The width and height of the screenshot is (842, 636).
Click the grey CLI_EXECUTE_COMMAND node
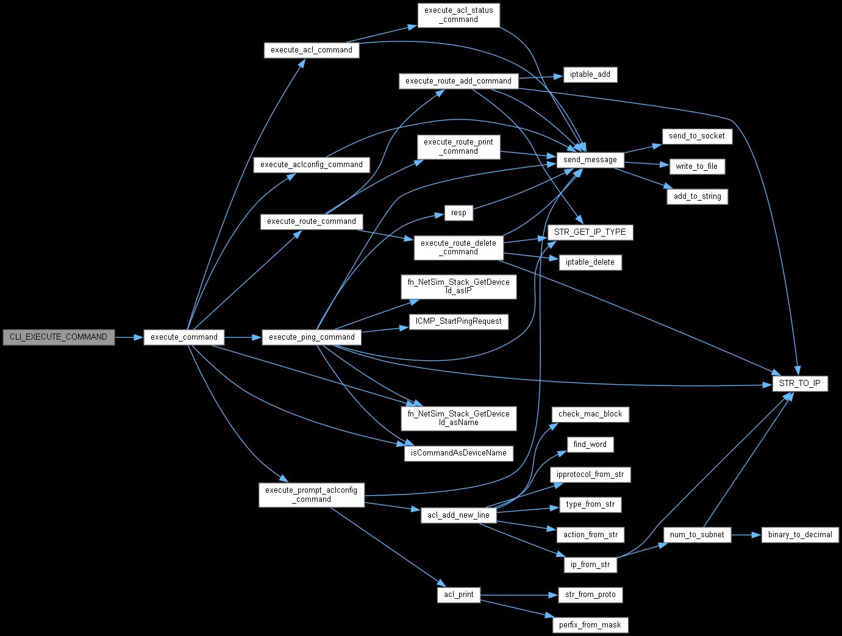pos(59,337)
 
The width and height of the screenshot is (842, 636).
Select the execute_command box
pos(184,337)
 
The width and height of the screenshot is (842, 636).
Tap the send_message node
pos(590,160)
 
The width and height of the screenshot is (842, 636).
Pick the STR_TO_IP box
pos(800,384)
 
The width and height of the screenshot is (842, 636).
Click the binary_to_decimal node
pos(800,534)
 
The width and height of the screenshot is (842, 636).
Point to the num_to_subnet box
pos(696,534)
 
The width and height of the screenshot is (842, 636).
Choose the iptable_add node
pos(590,74)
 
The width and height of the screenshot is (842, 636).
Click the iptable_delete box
pos(590,262)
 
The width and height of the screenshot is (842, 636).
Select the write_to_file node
pos(696,166)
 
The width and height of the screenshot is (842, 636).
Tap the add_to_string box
pos(697,196)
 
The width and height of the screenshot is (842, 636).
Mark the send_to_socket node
pos(696,135)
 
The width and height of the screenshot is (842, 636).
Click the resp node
pos(458,212)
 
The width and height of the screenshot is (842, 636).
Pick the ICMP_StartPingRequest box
pos(458,321)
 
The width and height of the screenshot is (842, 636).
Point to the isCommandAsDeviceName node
pos(458,454)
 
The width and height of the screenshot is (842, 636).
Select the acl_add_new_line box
pos(458,515)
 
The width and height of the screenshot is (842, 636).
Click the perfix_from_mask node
pos(590,624)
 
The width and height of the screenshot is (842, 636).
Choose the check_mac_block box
pos(590,413)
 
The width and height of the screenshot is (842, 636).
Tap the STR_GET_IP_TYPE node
pos(590,232)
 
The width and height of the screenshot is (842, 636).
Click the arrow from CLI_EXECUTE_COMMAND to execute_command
pos(129,337)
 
